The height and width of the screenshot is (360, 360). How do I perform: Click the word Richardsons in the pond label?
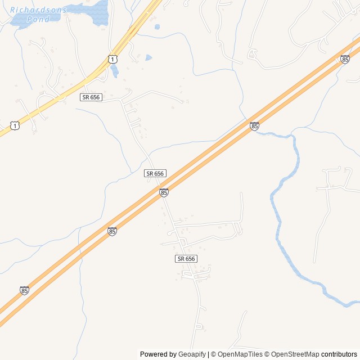(38, 10)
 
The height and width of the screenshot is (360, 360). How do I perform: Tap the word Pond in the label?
(38, 19)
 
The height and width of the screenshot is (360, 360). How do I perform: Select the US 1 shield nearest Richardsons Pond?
(113, 58)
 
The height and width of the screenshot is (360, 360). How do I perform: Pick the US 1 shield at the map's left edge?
(15, 125)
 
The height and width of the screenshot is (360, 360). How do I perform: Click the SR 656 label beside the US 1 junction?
(91, 97)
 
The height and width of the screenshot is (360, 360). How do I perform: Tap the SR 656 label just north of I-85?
(155, 173)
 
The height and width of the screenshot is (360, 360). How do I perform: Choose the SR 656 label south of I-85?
(186, 258)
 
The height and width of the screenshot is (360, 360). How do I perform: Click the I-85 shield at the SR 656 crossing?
(164, 192)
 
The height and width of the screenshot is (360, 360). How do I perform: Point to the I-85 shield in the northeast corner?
(345, 58)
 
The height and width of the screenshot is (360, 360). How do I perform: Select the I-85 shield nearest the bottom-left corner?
(24, 290)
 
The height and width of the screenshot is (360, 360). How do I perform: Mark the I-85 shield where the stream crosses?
(254, 126)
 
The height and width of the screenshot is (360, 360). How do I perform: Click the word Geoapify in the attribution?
(192, 354)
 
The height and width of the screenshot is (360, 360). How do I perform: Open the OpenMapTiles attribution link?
(240, 354)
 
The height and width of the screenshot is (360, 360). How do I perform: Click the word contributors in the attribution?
(339, 354)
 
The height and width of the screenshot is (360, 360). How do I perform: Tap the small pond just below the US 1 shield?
(115, 71)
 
